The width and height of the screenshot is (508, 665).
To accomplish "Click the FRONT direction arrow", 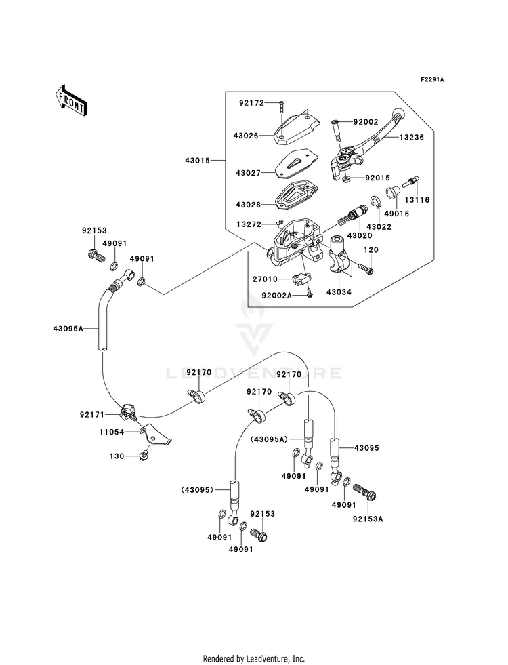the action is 71,100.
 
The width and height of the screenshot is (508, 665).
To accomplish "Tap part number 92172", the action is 251,102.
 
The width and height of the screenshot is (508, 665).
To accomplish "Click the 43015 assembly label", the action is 197,161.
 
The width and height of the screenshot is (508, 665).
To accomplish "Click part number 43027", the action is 249,173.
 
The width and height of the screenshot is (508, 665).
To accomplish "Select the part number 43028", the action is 249,205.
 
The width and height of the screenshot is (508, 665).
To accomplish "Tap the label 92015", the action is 377,178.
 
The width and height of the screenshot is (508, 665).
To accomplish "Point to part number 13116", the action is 417,200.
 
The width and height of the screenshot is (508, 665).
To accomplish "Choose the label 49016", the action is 398,214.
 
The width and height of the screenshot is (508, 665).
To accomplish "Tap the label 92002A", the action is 277,296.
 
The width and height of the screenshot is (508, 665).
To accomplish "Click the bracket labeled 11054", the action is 156,435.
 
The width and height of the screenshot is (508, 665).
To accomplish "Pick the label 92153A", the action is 368,519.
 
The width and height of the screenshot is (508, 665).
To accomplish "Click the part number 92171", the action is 92,414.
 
